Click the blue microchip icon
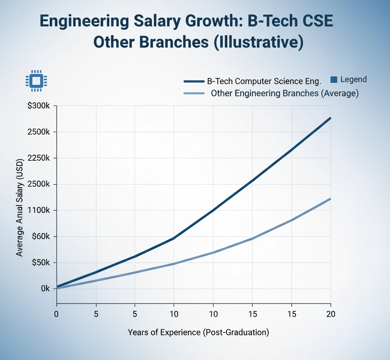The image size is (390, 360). pyautogui.click(x=36, y=81)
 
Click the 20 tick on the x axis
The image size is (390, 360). pyautogui.click(x=330, y=314)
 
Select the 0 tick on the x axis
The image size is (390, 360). pyautogui.click(x=57, y=314)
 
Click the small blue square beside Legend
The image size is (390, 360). pyautogui.click(x=334, y=80)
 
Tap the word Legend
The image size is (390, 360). pyautogui.click(x=353, y=80)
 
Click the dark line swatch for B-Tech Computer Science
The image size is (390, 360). pyautogui.click(x=194, y=82)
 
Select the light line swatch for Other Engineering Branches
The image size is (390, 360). pyautogui.click(x=194, y=94)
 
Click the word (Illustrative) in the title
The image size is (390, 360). pyautogui.click(x=258, y=43)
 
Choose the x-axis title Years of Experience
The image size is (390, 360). pyautogui.click(x=198, y=332)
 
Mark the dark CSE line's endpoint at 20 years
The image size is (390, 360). pyautogui.click(x=330, y=118)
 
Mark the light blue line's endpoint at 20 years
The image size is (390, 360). pyautogui.click(x=330, y=199)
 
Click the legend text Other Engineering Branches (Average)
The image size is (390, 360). pyautogui.click(x=284, y=94)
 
